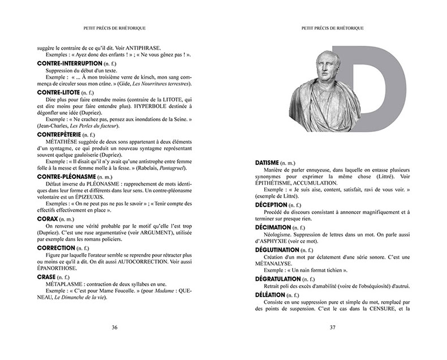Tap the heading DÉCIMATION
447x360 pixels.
276,226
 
